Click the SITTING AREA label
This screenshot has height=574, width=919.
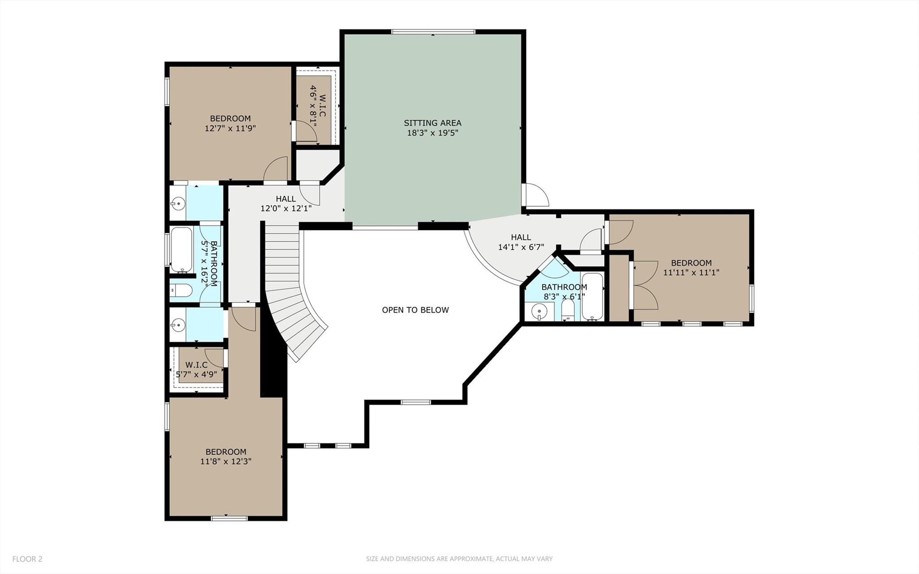coord(432,123)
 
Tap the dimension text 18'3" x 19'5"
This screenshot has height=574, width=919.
coord(432,133)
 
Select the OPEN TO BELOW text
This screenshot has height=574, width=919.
coord(415,310)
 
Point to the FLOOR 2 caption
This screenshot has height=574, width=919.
coord(27,559)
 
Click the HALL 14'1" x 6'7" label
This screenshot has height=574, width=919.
coord(521,242)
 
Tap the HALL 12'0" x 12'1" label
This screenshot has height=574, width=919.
coord(286,203)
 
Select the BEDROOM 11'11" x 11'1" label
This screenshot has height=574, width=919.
coord(691,268)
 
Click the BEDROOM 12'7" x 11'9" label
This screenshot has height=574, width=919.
coord(230,123)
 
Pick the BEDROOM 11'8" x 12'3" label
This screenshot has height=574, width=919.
coord(226,456)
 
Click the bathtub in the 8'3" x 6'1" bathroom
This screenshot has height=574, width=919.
coord(592,296)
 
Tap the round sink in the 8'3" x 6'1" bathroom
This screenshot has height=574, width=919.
coord(539,310)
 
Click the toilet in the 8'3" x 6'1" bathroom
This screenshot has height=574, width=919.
coord(568,311)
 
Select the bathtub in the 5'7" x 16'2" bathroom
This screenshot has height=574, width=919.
coord(181,250)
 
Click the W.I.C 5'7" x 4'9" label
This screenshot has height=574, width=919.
coord(196,369)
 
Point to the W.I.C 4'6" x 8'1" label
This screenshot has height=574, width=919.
coord(317,106)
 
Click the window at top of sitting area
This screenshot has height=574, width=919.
coord(433,32)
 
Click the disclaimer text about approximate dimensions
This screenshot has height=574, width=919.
coord(459,559)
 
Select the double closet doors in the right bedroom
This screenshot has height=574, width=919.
coord(645,286)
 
